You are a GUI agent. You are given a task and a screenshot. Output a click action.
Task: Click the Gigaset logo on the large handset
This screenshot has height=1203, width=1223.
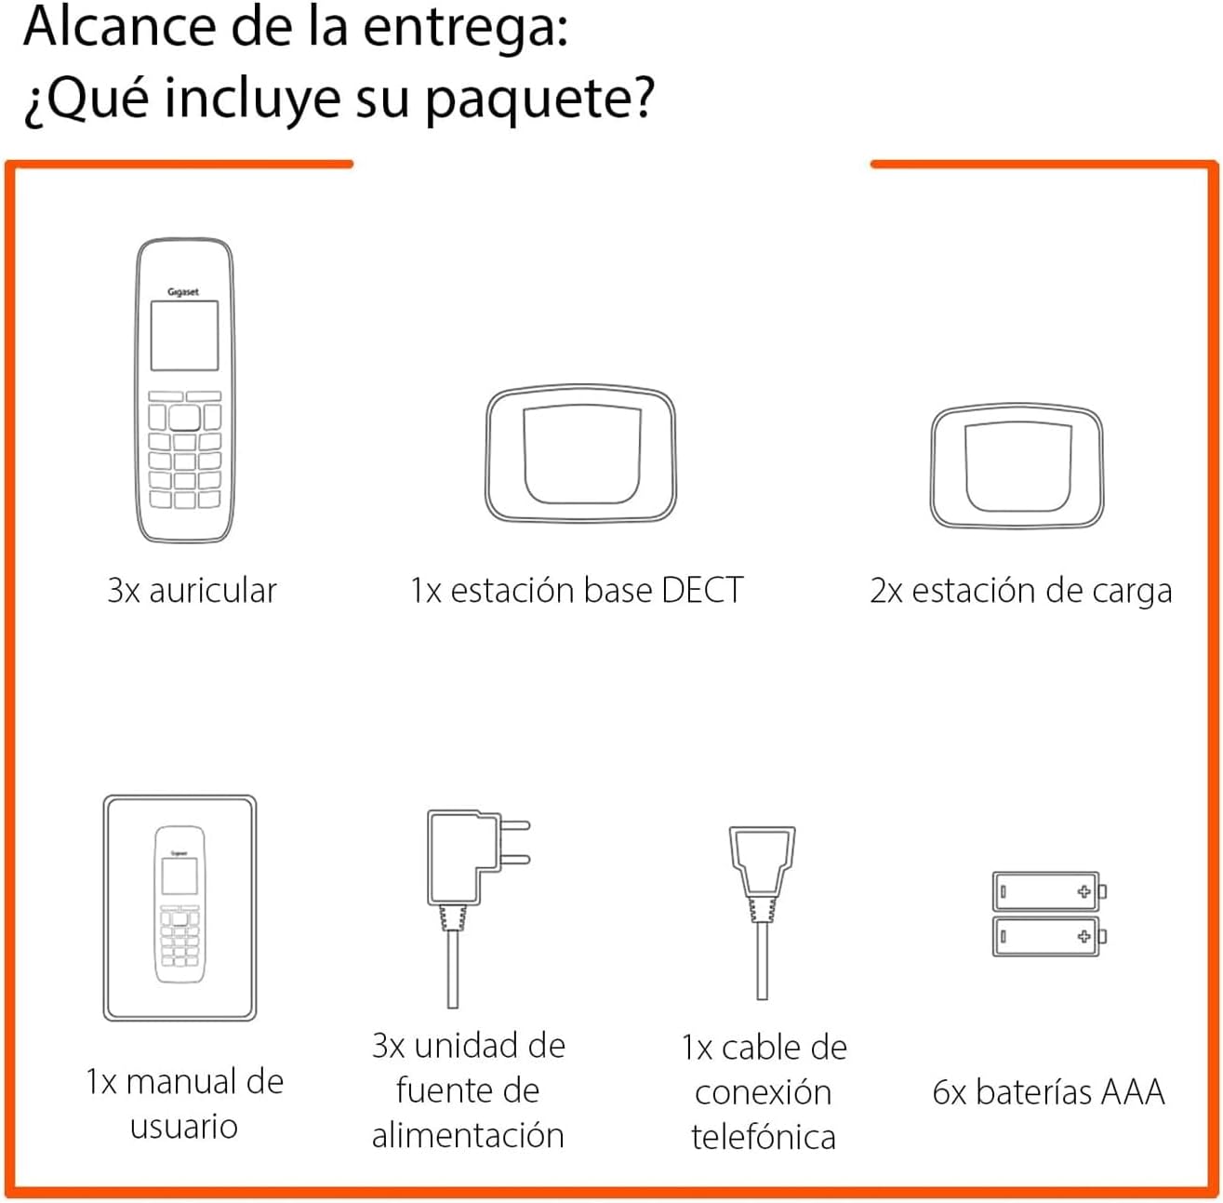click(x=183, y=291)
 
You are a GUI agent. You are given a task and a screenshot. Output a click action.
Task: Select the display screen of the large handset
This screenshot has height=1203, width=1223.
click(x=185, y=335)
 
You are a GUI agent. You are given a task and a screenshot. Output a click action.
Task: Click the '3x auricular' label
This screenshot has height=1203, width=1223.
click(x=193, y=591)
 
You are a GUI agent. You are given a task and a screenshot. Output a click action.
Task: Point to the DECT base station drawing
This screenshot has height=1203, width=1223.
click(x=580, y=453)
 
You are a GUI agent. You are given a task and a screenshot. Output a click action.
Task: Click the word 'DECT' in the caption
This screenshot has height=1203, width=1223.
click(x=702, y=591)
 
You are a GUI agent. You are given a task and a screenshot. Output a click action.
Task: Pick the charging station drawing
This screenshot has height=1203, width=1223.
click(x=1017, y=465)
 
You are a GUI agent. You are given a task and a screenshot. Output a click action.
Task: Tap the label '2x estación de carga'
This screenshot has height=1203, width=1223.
click(x=1020, y=592)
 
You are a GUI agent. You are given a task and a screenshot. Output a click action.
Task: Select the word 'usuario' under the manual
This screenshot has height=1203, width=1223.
click(x=184, y=1127)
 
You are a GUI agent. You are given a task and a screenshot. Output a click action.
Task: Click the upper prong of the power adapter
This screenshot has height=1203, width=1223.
click(x=514, y=825)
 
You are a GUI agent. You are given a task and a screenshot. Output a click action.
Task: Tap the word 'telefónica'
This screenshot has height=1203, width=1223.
click(x=764, y=1137)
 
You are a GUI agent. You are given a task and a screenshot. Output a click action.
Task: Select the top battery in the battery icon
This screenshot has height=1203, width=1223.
click(x=1049, y=891)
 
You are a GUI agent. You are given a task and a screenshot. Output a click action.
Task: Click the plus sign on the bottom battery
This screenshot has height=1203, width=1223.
click(x=1084, y=936)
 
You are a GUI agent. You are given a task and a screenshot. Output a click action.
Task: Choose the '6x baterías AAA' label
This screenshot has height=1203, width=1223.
click(x=1048, y=1092)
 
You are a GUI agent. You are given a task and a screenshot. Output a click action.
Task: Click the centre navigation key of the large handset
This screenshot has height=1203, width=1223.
click(x=185, y=418)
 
